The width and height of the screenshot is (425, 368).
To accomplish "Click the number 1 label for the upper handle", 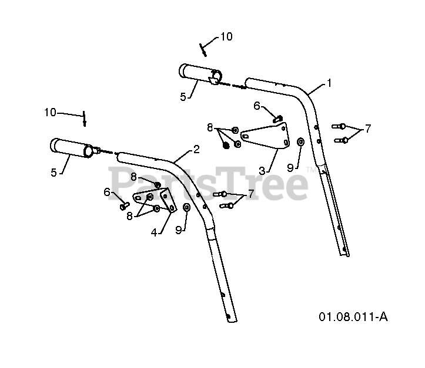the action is coord(330,83).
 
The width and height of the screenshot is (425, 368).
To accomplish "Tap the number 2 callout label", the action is coord(196,150).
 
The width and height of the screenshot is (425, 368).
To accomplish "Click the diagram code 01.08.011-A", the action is coord(353,317).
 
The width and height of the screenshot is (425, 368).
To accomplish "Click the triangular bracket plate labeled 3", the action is coord(268,134).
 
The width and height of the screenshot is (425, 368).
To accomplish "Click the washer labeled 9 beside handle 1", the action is coord(301,141).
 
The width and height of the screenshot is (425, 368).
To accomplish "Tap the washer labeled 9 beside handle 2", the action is coord(187,207).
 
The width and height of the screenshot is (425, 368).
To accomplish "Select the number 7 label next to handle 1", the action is coord(369,129).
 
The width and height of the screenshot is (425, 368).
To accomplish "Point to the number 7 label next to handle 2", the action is coord(250,194).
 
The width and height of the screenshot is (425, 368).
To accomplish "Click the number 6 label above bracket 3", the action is coord(257,106).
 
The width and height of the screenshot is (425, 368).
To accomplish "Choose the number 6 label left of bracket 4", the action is coord(106,191).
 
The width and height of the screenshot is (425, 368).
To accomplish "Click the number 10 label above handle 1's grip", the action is coord(226,36).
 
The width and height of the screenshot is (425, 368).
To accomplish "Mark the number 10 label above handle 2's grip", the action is coord(50,112).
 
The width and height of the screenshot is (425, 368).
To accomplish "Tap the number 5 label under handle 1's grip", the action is coord(183,97).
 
